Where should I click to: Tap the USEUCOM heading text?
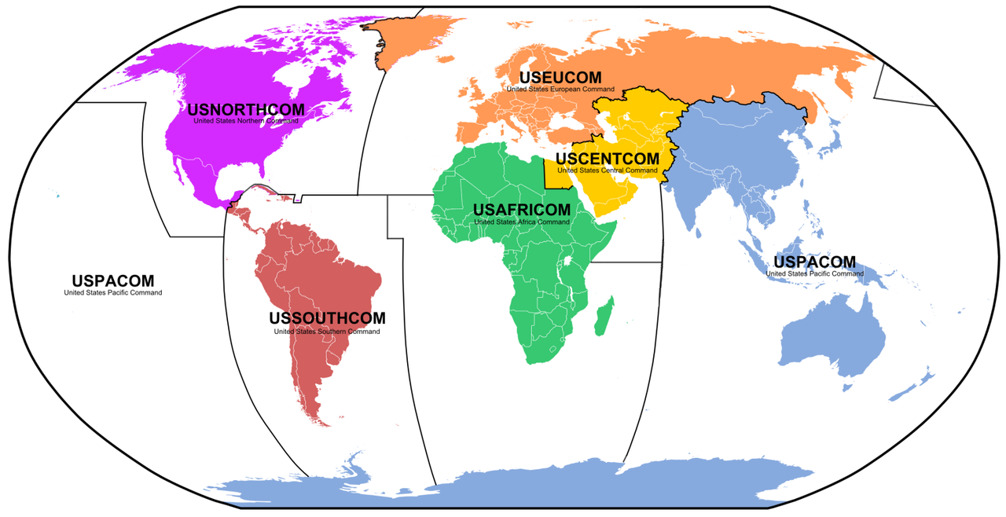point(560,78)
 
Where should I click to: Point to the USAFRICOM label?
point(521,211)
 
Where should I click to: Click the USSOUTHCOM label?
point(327,318)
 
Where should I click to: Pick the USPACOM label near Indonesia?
point(814,262)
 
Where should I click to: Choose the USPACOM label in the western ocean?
point(113,280)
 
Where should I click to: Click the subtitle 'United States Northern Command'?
point(245,121)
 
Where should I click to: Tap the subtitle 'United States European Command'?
point(560,90)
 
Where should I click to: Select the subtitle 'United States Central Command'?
point(608,170)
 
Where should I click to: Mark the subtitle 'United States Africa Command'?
point(521,222)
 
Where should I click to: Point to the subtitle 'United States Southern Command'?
point(327,332)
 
